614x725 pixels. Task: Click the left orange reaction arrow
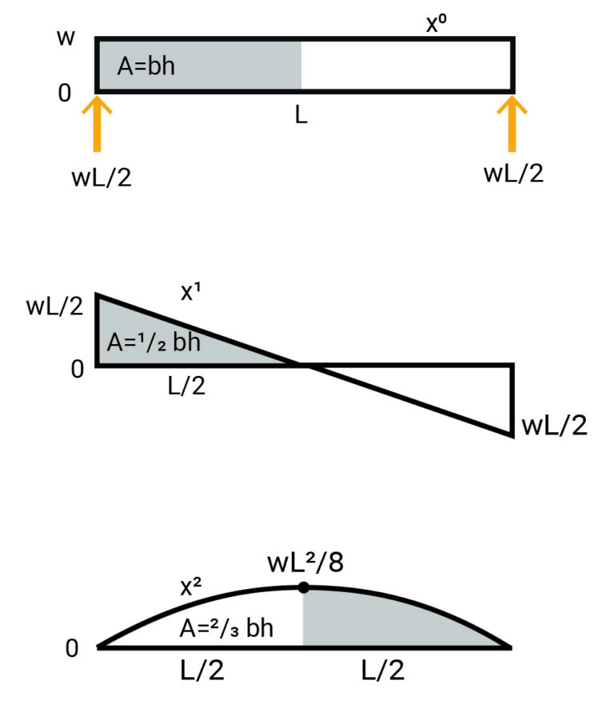97,124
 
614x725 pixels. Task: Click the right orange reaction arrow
512,124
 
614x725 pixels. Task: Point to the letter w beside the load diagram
66,38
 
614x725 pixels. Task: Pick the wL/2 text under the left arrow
101,176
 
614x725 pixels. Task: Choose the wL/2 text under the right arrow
514,173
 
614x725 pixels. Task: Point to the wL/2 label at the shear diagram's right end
554,424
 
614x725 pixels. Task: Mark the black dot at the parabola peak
303,588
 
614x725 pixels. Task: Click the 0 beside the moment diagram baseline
73,648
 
